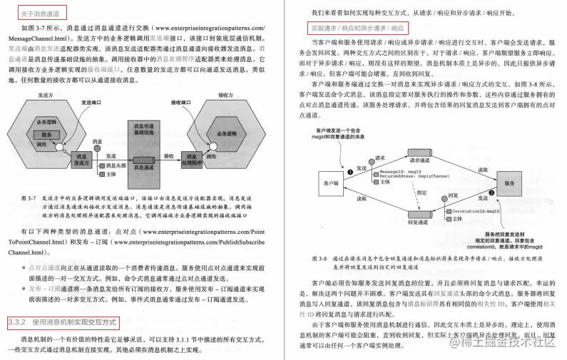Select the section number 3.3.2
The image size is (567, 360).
16,324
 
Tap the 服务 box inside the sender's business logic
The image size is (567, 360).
47,134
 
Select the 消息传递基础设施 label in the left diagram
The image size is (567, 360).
143,128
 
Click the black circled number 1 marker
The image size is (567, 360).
350,172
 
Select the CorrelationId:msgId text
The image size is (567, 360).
471,210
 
